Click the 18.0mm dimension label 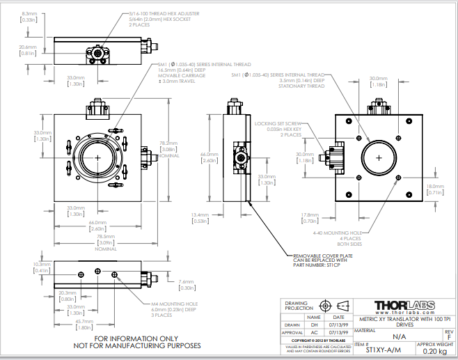coord(434,187)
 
